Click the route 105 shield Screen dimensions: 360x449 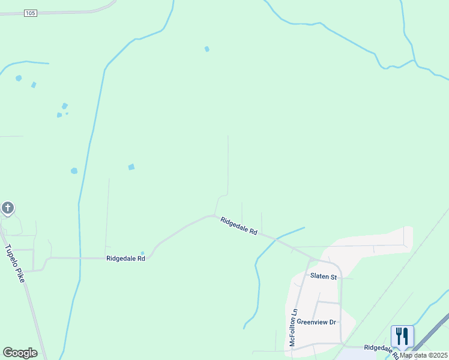click(x=31, y=13)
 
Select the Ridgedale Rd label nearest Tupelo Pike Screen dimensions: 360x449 click(x=125, y=259)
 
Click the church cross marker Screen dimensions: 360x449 click(x=7, y=208)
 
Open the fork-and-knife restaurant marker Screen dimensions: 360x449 click(x=402, y=336)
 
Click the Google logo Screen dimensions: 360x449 click(x=20, y=353)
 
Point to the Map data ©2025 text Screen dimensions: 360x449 click(x=423, y=355)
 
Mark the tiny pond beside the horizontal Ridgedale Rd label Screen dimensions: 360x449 click(x=142, y=253)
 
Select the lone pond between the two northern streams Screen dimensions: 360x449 click(x=206, y=49)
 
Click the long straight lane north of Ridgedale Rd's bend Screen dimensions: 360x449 click(x=228, y=162)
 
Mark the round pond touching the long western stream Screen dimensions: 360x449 click(x=74, y=171)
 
